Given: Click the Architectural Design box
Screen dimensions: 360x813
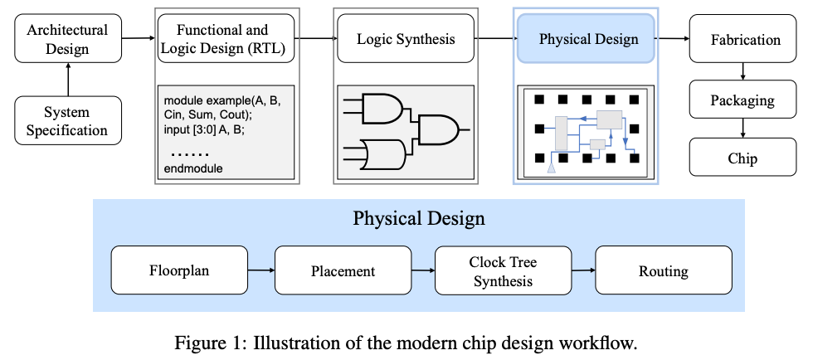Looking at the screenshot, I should click(x=67, y=39).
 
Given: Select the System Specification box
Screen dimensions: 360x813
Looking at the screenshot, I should click(x=67, y=119).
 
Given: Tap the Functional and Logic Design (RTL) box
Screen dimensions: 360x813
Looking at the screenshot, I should click(x=226, y=39).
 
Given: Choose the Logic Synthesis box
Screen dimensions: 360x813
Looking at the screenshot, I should click(x=406, y=39).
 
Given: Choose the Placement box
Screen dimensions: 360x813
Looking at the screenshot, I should click(x=343, y=270).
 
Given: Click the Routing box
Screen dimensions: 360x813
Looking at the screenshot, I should click(x=663, y=270).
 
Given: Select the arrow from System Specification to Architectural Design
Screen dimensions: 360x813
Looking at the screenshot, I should click(x=68, y=80).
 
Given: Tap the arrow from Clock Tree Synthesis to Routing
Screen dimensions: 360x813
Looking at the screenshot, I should click(x=584, y=270).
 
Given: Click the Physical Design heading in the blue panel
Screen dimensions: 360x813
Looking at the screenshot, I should click(x=419, y=219).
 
